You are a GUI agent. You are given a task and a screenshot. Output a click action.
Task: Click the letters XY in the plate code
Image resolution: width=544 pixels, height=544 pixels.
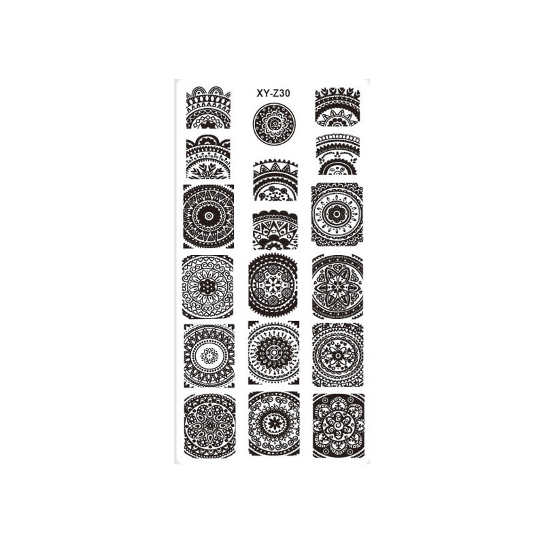pos(262,93)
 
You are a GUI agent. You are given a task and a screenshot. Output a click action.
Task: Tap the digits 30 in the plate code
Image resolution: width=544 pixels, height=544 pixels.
pos(285,93)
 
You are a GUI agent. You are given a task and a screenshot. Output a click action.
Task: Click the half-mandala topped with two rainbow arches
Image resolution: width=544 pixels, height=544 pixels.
pos(208,108)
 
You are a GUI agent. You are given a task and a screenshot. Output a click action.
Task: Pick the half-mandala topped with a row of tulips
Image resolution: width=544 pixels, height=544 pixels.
pos(337,107)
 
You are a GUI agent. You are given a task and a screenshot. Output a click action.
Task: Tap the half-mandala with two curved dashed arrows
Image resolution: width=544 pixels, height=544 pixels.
pos(338,154)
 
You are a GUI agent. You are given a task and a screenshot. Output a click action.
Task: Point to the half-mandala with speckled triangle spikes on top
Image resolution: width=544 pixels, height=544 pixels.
pos(275,180)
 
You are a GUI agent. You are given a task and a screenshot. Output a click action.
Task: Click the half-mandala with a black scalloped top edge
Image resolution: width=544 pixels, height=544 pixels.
pos(275,230)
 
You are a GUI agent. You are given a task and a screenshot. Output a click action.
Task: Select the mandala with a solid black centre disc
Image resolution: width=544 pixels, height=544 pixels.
pos(209,216)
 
